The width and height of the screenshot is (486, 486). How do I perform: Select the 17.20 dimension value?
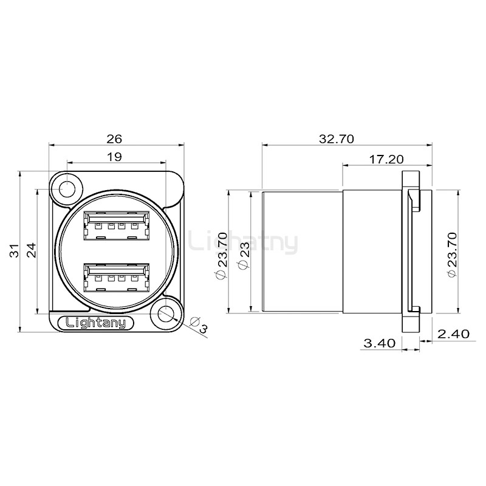click(x=387, y=159)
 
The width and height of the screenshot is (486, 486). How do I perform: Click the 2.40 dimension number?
click(x=453, y=334)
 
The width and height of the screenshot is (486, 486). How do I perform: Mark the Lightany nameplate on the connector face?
click(x=91, y=323)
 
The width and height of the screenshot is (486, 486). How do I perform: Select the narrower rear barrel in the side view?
click(x=302, y=252)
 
